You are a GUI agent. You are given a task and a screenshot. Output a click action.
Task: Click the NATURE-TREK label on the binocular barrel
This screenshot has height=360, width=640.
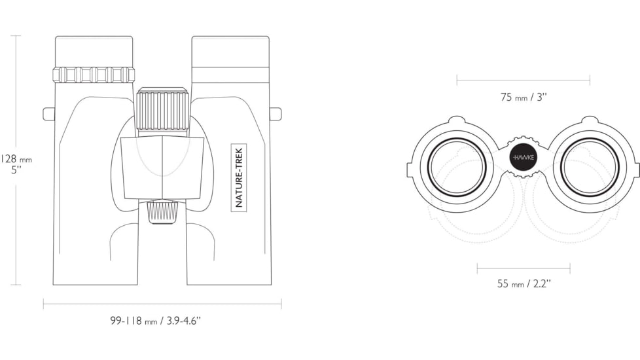click(x=240, y=177)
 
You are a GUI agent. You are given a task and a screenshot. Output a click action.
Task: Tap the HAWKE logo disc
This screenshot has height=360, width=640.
click(x=524, y=158)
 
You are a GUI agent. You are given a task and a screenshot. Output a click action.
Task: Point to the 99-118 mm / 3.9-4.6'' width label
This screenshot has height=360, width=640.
click(x=156, y=321)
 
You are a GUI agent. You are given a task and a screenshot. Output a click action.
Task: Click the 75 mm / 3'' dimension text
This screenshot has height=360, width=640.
click(x=524, y=97)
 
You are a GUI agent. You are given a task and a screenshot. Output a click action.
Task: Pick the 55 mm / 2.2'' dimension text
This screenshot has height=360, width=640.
click(x=524, y=283)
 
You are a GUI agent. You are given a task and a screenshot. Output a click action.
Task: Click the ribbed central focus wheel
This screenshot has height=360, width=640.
click(x=163, y=109)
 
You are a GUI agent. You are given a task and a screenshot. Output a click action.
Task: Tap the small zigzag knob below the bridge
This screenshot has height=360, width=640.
click(x=163, y=212)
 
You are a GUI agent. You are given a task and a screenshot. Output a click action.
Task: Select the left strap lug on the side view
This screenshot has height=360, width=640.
click(x=49, y=114)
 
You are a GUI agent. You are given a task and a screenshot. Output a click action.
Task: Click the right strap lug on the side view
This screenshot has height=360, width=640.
click(x=276, y=114)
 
